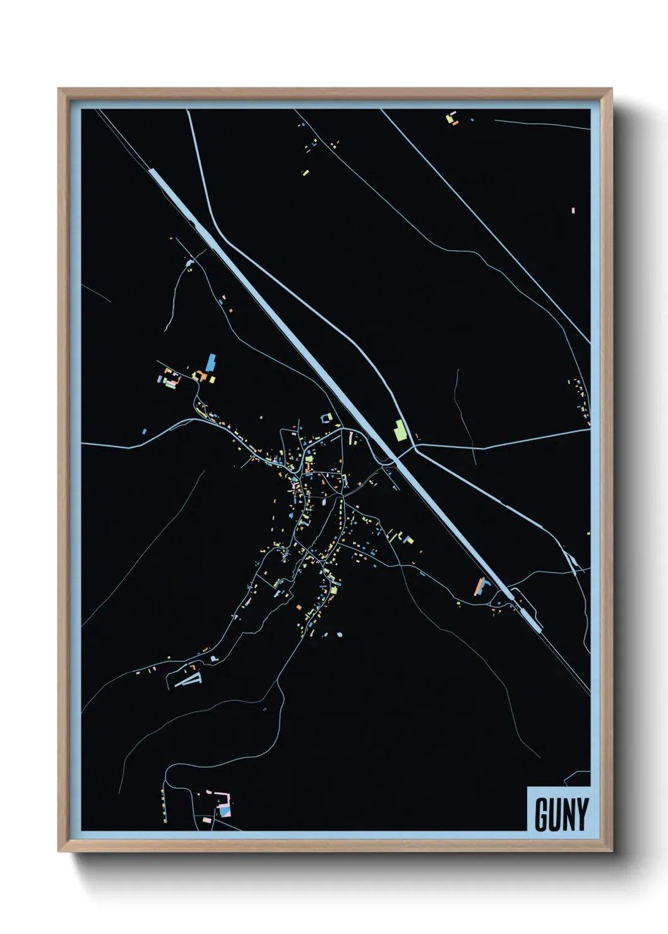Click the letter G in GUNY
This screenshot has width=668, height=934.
tap(540, 815)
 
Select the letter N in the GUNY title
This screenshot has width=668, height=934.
tap(568, 815)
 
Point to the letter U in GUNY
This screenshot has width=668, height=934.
tap(554, 815)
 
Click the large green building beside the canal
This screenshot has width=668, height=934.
tap(399, 430)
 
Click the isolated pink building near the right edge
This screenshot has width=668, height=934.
tap(573, 210)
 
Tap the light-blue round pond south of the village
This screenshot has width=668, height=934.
tap(340, 634)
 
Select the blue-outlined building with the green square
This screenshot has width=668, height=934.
tap(326, 418)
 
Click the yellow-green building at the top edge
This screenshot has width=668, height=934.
tap(451, 118)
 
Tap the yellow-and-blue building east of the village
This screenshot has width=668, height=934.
tap(408, 540)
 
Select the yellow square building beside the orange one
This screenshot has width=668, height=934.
tap(213, 379)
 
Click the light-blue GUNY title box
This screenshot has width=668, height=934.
tap(559, 809)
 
